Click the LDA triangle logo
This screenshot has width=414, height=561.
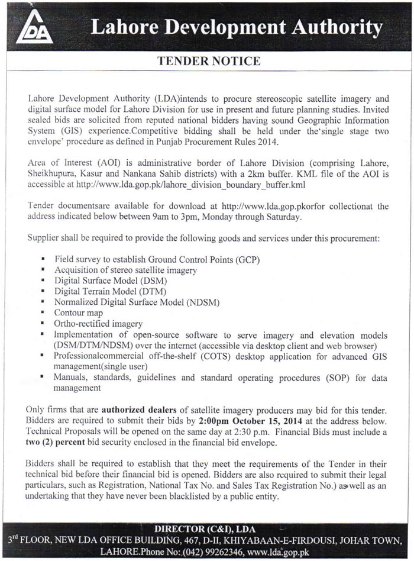tap(34, 28)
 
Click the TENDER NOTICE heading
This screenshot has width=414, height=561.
tap(206, 60)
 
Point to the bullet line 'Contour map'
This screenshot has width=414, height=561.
tap(78, 312)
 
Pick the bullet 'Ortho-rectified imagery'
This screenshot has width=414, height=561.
tap(98, 324)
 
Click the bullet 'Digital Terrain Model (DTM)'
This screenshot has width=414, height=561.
tap(110, 291)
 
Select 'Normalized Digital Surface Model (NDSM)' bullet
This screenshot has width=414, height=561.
tap(137, 302)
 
